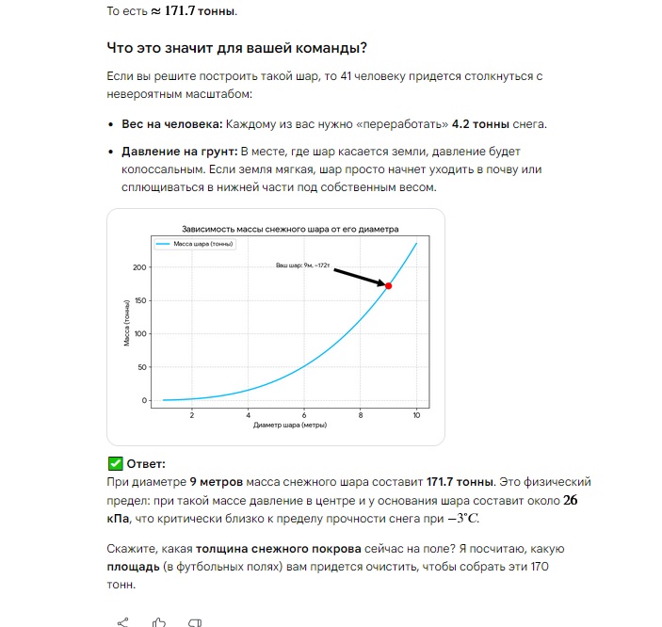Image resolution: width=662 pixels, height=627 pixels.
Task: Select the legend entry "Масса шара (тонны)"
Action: tap(194, 244)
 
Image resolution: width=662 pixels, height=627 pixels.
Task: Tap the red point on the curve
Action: tap(388, 285)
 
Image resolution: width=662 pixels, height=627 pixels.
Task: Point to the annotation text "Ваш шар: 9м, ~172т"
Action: tap(302, 266)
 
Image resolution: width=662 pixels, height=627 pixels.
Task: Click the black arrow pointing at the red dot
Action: tap(358, 277)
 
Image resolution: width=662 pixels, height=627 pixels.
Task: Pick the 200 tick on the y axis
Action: tap(141, 268)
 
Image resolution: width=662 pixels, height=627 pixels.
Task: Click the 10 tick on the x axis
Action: tap(416, 415)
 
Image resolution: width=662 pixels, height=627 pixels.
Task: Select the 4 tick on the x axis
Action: tap(248, 415)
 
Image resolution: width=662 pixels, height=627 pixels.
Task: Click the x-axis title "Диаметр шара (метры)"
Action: tap(290, 426)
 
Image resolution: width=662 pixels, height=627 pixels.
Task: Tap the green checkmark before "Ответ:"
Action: tap(115, 464)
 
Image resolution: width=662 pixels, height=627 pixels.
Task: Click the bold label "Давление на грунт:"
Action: tap(179, 152)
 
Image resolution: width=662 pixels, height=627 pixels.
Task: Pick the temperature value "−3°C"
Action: tap(490, 519)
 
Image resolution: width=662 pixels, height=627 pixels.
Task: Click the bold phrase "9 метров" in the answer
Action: tap(218, 482)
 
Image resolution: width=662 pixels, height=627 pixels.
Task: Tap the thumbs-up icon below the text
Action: tap(159, 620)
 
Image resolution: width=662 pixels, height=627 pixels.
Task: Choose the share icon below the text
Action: tap(122, 620)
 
